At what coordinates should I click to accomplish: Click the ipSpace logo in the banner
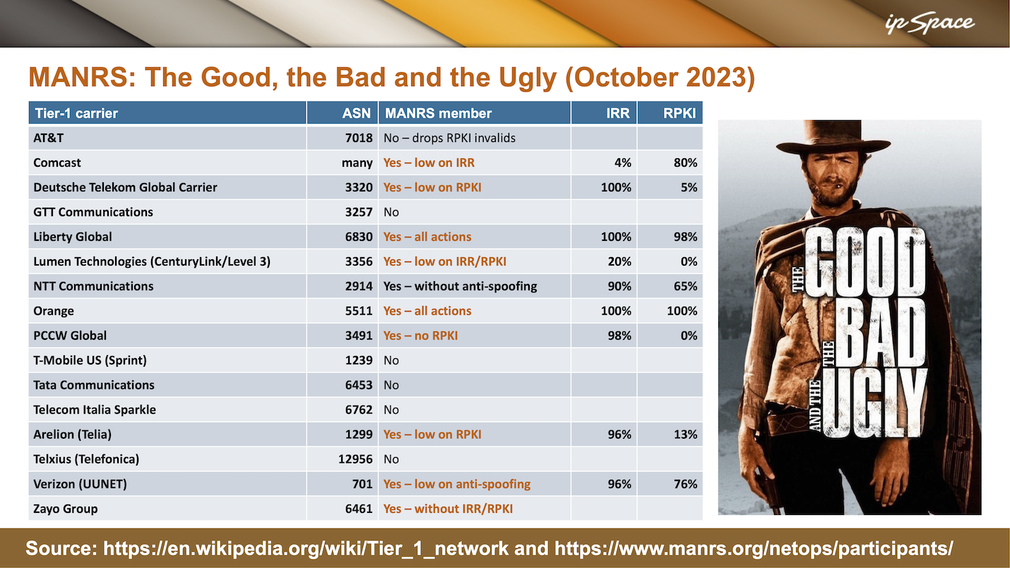929,23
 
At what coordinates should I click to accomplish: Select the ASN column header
356,113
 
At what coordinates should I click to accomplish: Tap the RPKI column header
679,113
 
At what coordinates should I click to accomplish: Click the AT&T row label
48,138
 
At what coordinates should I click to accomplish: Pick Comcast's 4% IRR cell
623,163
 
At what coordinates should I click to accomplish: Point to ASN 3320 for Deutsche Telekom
359,187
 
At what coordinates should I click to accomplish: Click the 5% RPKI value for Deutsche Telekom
689,187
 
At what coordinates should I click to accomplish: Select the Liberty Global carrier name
73,237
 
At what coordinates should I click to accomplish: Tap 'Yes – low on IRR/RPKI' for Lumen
444,261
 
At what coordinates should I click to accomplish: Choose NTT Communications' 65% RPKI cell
685,286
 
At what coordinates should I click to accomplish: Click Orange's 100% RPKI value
682,311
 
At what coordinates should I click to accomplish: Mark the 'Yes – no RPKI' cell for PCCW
420,336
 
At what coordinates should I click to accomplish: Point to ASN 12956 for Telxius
355,459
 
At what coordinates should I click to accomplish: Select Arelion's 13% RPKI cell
685,434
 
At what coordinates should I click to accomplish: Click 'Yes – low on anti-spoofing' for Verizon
457,484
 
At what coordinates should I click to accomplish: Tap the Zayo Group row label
66,509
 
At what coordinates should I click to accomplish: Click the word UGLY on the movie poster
874,403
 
